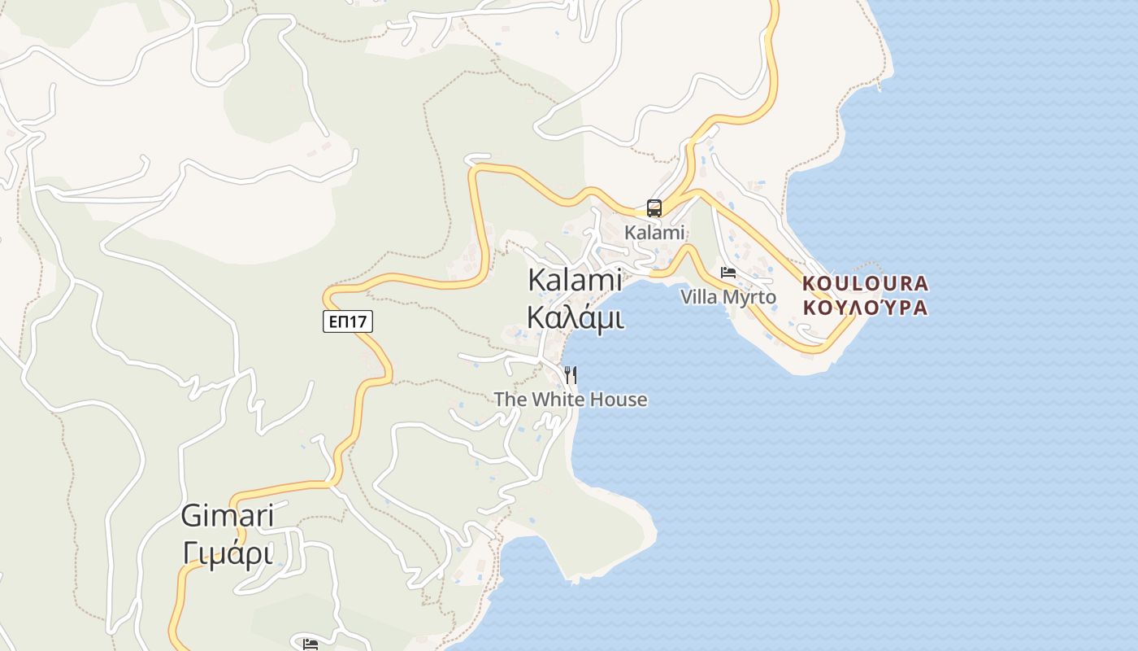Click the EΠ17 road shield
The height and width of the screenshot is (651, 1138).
coord(348,321)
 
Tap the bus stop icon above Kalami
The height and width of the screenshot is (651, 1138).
coord(654,208)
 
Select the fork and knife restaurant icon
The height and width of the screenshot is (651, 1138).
coord(571,374)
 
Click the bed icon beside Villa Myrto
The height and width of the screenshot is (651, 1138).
coord(728,273)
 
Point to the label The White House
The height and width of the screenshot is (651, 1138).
coord(571,400)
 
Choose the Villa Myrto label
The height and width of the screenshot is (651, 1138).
coord(728,297)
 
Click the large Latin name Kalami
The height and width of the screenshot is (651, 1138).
coord(575,280)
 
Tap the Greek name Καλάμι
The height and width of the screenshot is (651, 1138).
coord(576,317)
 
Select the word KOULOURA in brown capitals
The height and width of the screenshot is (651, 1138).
coord(865,284)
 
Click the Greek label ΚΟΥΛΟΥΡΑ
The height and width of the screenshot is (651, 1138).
coord(865,308)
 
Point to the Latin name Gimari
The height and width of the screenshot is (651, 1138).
coord(227,515)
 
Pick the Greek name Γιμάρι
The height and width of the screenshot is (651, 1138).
coord(227,553)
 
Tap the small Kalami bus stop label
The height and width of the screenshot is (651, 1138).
coord(654,233)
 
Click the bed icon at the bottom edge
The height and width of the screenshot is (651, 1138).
coord(310,644)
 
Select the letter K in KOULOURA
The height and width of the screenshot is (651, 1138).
coord(810,284)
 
